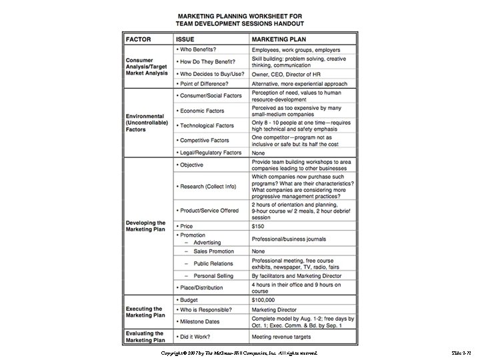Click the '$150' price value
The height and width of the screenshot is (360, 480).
258,226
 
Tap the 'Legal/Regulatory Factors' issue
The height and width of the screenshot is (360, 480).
209,153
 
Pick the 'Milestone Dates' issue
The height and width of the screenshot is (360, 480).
202,322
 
